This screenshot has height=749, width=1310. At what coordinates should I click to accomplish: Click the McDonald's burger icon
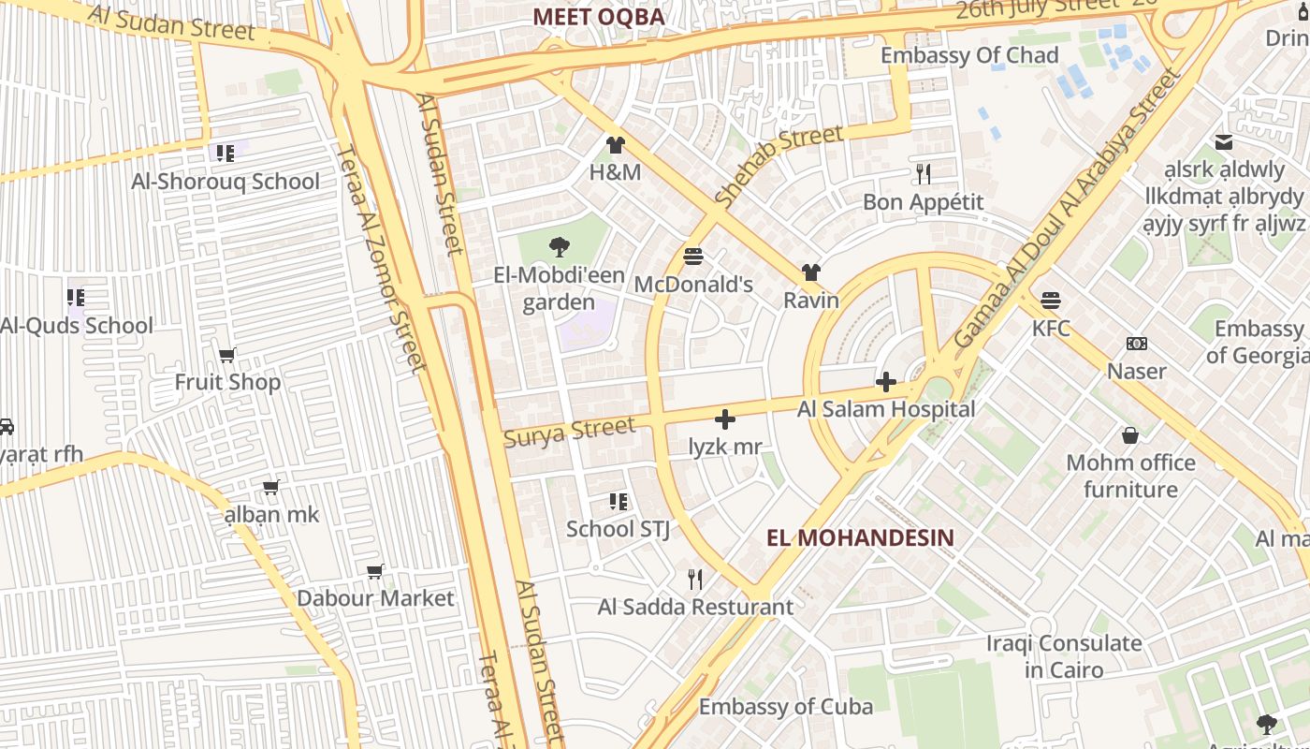(693, 256)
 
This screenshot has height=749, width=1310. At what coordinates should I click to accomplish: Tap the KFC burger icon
(1051, 301)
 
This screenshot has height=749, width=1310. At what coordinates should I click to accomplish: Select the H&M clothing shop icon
(615, 144)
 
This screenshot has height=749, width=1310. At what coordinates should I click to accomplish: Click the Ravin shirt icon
(811, 272)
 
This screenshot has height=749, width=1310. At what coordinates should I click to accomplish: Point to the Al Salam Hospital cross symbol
(885, 382)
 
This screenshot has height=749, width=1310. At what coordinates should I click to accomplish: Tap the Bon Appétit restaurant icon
(924, 173)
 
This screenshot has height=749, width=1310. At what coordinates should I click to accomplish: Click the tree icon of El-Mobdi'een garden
(559, 247)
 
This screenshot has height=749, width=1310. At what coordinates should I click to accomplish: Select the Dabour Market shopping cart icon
(375, 571)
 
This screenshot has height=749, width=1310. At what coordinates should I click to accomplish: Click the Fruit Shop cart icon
(226, 355)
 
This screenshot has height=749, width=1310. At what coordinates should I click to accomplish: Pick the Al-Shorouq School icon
(225, 153)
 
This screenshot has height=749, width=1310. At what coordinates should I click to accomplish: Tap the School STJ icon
(618, 501)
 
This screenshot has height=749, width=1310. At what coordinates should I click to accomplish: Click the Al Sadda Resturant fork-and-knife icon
(694, 579)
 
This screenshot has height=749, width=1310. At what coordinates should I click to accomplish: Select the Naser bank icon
(1137, 344)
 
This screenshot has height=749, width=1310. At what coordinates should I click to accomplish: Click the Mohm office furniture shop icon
(1130, 435)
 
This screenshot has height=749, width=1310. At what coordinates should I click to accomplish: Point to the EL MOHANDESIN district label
(860, 538)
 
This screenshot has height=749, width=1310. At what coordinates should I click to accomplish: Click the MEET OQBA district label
(598, 17)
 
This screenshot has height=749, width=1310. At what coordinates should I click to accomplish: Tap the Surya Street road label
(569, 433)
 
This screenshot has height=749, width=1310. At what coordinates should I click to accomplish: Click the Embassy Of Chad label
(969, 55)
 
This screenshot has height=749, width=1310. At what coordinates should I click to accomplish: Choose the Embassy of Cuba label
(786, 707)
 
